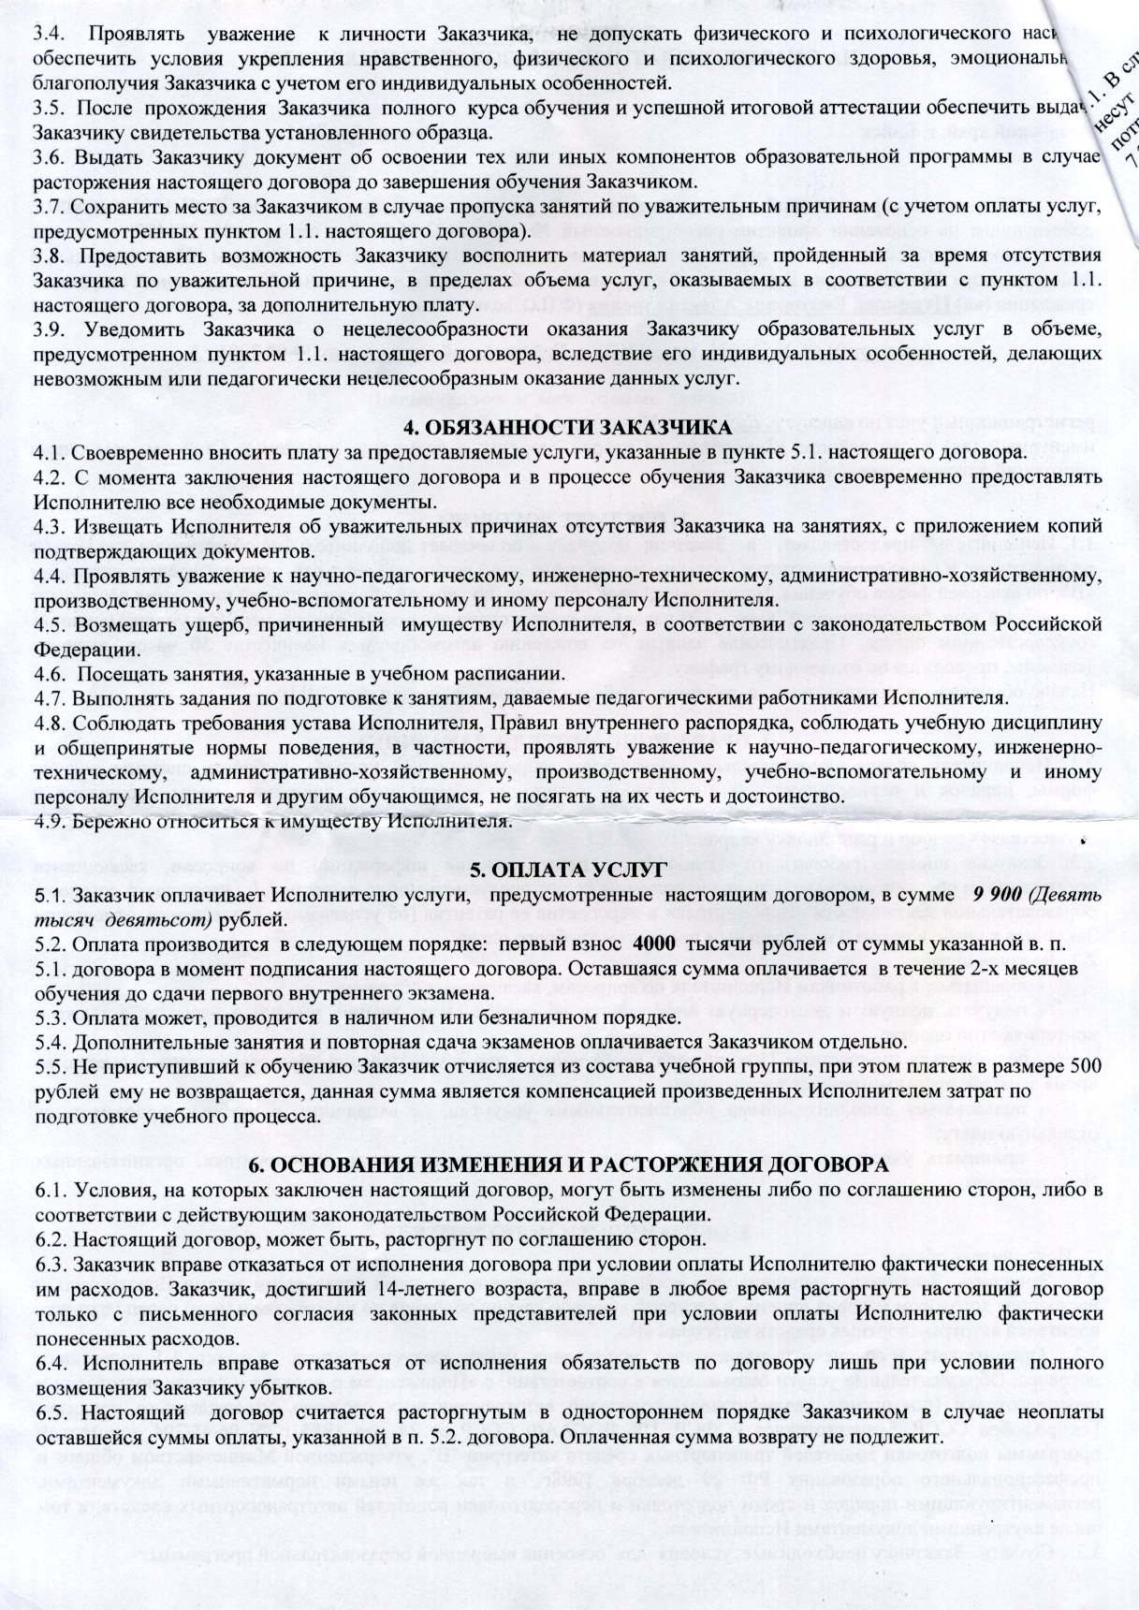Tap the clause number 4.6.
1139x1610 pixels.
coord(48,674)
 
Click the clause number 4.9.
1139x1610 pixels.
coord(48,822)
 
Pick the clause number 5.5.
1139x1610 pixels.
coord(48,1066)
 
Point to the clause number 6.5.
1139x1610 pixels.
coord(48,1410)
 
